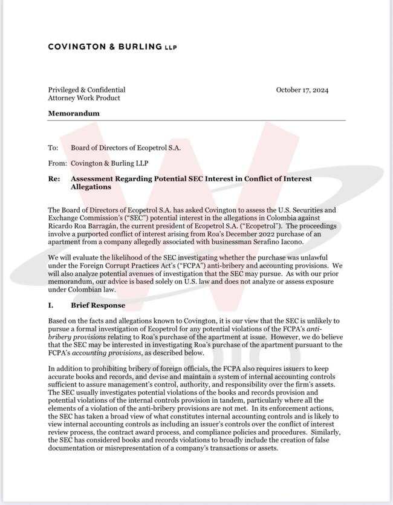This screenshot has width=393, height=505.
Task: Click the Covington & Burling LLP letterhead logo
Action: pyautogui.click(x=112, y=47)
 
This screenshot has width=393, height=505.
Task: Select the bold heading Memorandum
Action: pyautogui.click(x=74, y=113)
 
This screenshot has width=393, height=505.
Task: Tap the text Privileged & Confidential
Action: pyautogui.click(x=86, y=90)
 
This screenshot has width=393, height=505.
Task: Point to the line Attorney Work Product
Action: pyautogui.click(x=84, y=98)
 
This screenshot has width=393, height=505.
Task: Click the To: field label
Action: pyautogui.click(x=53, y=147)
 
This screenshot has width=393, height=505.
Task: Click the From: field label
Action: pyautogui.click(x=57, y=163)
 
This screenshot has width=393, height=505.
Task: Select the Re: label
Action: pyautogui.click(x=54, y=179)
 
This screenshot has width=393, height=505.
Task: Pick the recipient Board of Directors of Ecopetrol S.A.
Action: pyautogui.click(x=126, y=147)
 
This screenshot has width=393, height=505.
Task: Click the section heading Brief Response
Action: pyautogui.click(x=98, y=306)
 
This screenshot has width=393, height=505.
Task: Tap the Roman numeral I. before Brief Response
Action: pyautogui.click(x=51, y=306)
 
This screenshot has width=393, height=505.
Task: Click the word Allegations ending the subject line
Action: pyautogui.click(x=91, y=187)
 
